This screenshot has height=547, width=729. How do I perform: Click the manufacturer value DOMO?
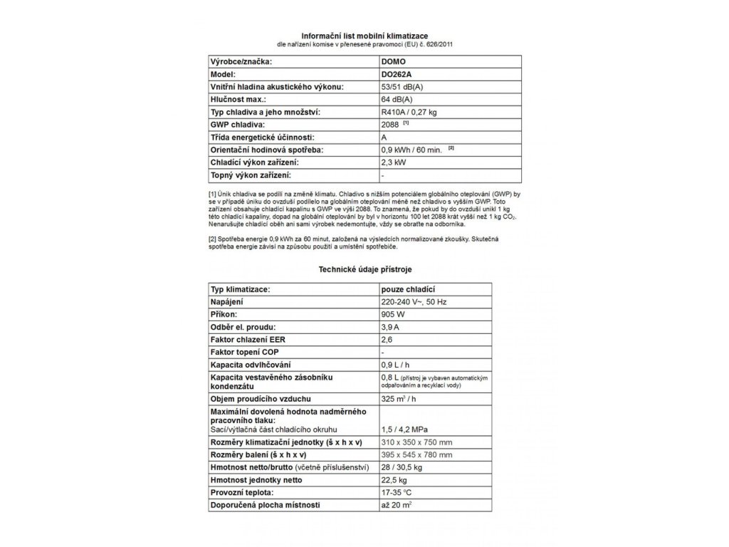[394, 62]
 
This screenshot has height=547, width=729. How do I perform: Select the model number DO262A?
[398, 74]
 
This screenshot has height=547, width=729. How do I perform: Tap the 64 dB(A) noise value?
[398, 99]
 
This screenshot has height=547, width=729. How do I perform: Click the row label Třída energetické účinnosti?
[263, 137]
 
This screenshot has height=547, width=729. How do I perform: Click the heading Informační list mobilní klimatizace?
[364, 36]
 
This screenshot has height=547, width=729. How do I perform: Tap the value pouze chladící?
[409, 290]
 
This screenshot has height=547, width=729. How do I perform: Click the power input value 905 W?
[394, 315]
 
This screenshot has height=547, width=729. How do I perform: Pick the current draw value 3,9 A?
[392, 327]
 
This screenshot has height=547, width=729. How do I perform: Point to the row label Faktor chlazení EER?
[250, 340]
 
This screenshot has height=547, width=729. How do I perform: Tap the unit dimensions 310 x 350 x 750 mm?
[417, 442]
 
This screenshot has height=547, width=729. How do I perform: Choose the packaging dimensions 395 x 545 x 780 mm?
[417, 454]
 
